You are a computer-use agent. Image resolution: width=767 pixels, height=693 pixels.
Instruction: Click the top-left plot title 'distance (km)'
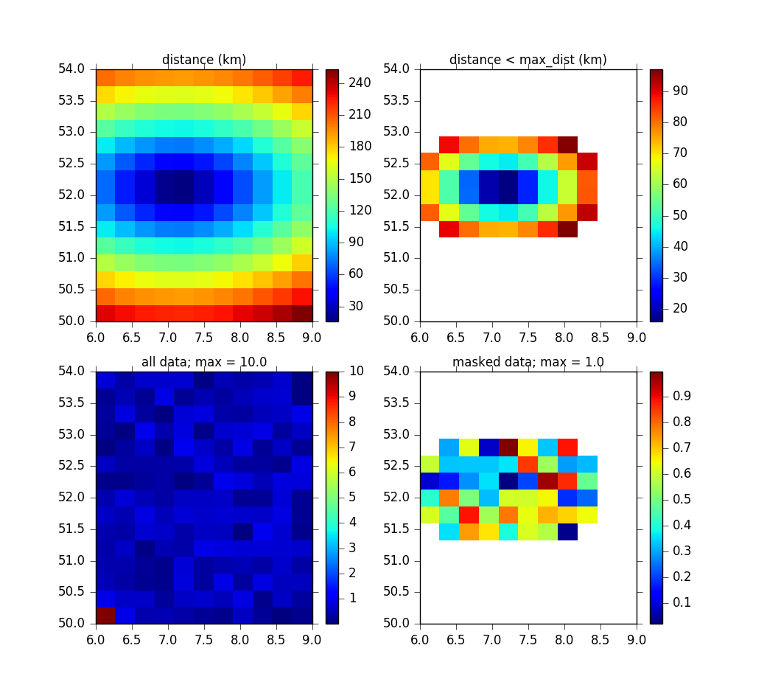pyautogui.click(x=204, y=60)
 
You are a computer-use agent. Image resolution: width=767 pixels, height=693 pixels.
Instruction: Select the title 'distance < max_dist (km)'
pyautogui.click(x=528, y=60)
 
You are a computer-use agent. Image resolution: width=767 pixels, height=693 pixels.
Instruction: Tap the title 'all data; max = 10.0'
pyautogui.click(x=204, y=362)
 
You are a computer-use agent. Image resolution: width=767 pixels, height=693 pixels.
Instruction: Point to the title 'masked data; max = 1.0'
pyautogui.click(x=528, y=362)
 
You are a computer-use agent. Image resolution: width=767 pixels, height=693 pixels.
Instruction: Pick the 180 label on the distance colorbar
pyautogui.click(x=360, y=147)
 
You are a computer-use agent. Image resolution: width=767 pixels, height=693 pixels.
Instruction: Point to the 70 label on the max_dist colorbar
pyautogui.click(x=679, y=153)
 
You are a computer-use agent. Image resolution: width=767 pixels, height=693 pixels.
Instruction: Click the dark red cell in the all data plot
pyautogui.click(x=105, y=615)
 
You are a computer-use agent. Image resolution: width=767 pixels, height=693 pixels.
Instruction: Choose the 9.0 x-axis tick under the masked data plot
pyautogui.click(x=637, y=639)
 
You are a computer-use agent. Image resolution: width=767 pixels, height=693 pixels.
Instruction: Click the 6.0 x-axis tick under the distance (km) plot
pyautogui.click(x=96, y=337)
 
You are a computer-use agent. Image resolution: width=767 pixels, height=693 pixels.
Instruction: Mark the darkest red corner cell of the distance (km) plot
pyautogui.click(x=303, y=313)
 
